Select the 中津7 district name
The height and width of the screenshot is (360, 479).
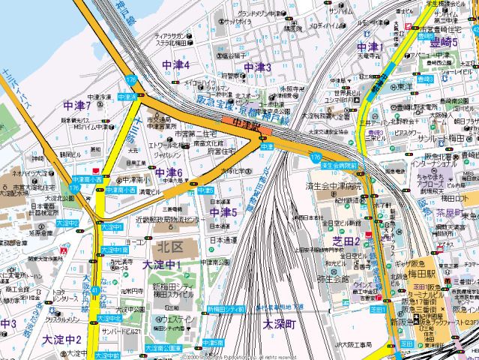[x=77, y=106]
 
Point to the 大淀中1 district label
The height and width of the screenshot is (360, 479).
[x=161, y=265]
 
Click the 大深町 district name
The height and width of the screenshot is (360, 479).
[x=280, y=325]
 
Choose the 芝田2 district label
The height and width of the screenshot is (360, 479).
[x=347, y=240]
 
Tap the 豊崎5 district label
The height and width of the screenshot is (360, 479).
[x=445, y=42]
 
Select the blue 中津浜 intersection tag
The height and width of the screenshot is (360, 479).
[x=128, y=97]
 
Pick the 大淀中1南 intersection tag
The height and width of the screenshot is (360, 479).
[x=113, y=248]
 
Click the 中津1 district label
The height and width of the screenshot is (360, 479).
[x=370, y=47]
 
